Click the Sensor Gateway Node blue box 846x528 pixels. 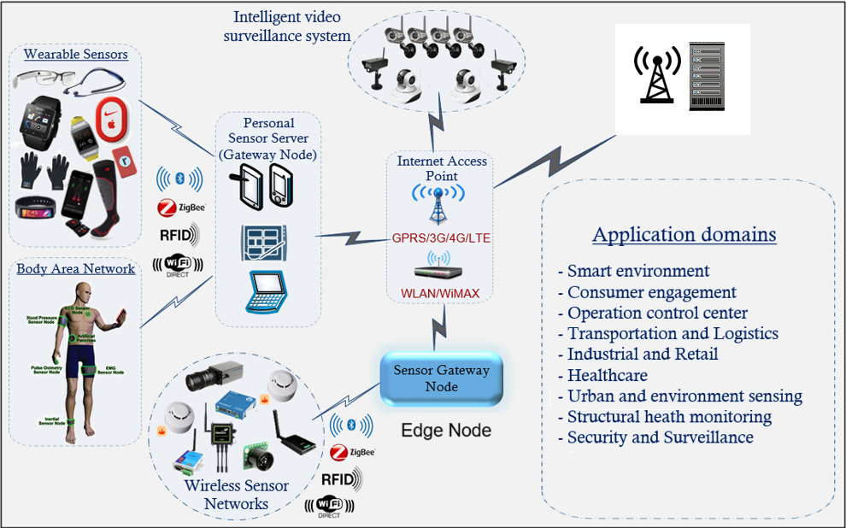[x=441, y=378]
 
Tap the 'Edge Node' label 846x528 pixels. [x=446, y=430]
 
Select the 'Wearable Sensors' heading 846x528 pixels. [x=76, y=55]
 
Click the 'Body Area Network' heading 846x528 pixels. [x=76, y=269]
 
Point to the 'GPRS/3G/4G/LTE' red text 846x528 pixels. [x=441, y=238]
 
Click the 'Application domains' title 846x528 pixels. [x=684, y=235]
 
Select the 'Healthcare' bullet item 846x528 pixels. [x=608, y=375]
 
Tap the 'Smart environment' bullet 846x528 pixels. [x=638, y=271]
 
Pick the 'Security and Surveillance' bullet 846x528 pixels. [x=661, y=437]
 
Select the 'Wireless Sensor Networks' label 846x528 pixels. [x=237, y=495]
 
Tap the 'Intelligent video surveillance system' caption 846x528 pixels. [x=287, y=26]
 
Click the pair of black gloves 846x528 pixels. [x=45, y=171]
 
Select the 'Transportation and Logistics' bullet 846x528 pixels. [x=673, y=333]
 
